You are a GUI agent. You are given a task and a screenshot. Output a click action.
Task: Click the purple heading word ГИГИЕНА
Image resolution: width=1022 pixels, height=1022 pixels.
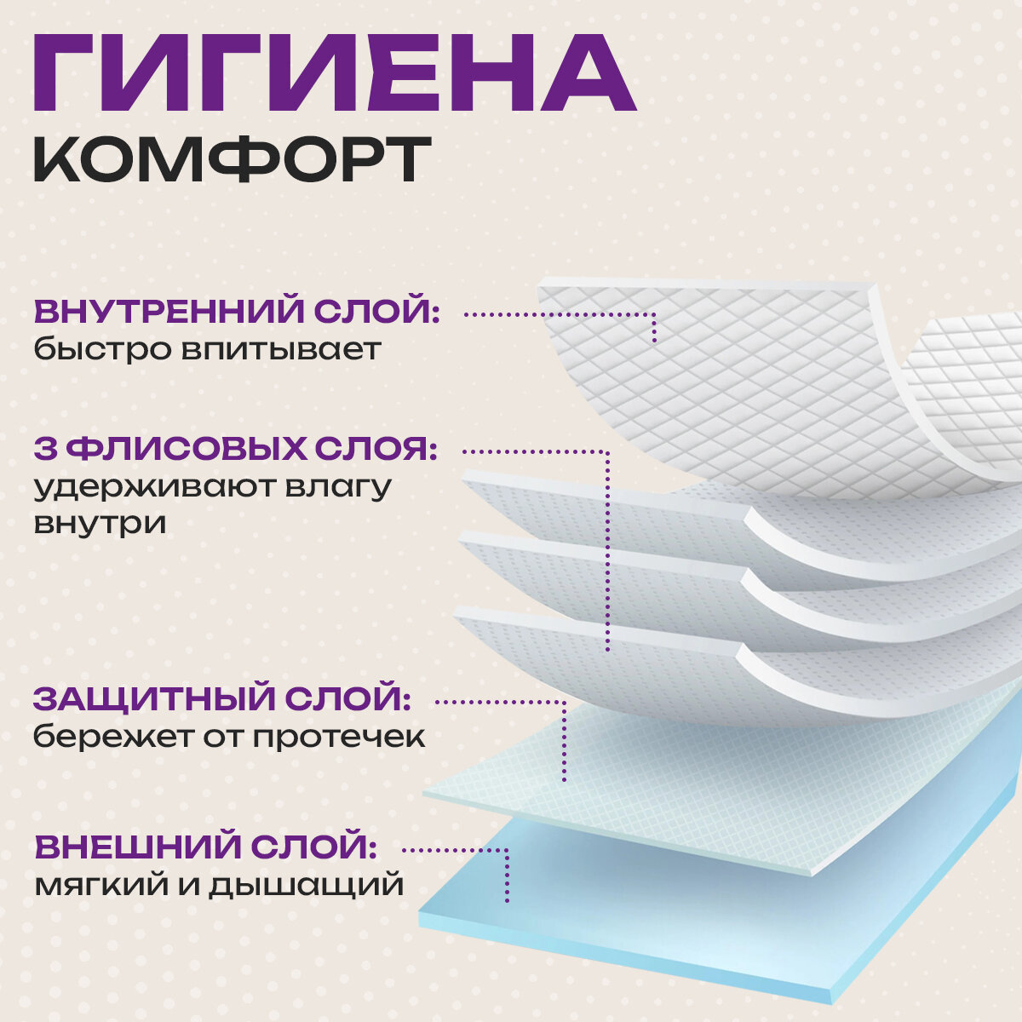(x=334, y=74)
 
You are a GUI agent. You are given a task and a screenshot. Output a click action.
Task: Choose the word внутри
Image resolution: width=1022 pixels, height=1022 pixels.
(x=100, y=523)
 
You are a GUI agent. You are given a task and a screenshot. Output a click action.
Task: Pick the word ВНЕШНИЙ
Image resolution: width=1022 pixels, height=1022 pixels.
(x=135, y=848)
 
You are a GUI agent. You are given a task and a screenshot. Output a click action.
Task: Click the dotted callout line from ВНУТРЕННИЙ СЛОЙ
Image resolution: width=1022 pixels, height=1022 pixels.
(x=562, y=314)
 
